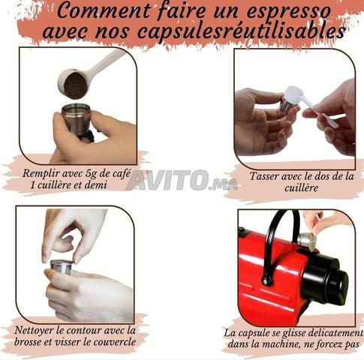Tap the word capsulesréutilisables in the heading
click(x=242, y=31)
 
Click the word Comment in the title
click(x=104, y=10)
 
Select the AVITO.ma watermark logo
click(x=182, y=180)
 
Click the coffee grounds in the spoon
click(x=76, y=85)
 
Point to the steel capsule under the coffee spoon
click(x=77, y=120)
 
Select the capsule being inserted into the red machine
click(x=307, y=241)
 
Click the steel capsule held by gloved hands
click(x=61, y=268)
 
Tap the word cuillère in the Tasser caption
click(x=301, y=188)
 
